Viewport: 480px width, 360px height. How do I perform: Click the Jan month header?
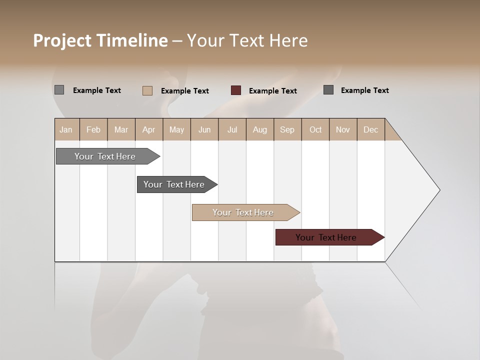point(66,129)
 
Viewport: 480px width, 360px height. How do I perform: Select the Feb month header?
point(93,129)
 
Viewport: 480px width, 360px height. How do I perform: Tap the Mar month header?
point(121,129)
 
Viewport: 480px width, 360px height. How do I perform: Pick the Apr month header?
point(149,129)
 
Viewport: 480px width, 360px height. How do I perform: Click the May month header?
point(176,129)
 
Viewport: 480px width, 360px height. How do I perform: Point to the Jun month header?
point(204,129)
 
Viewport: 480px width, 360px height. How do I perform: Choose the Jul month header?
point(232,129)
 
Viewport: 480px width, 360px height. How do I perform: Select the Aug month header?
point(260,129)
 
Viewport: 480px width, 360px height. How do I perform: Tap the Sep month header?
point(287,129)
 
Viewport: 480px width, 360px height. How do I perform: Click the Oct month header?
point(315,129)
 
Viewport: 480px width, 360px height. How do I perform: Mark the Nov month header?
point(343,129)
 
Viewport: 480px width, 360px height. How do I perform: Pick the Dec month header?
point(371,129)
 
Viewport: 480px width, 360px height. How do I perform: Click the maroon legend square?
point(236,90)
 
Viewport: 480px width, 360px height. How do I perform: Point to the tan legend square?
point(147,90)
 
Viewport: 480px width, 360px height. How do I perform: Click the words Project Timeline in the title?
point(100,40)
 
